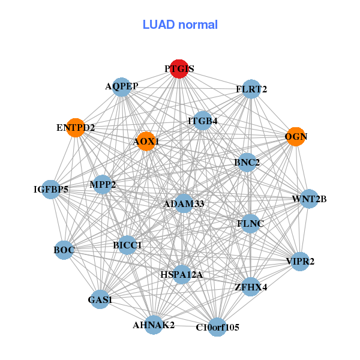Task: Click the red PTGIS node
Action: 179,69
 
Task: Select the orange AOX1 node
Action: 146,142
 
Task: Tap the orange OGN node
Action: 295,136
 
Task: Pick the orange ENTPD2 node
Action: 75,128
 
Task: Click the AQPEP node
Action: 122,86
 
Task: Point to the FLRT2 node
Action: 251,89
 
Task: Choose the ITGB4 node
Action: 203,121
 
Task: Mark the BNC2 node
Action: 247,163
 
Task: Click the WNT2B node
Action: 308,199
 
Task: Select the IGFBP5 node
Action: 51,190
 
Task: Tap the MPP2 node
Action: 103,184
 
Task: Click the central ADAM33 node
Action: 184,204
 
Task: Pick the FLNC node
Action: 250,224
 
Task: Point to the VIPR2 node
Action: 299,261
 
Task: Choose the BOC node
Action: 64,250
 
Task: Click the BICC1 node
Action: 127,245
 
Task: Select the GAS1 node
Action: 100,299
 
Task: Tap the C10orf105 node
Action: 217,327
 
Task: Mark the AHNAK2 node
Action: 153,325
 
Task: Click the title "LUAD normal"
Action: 180,25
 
